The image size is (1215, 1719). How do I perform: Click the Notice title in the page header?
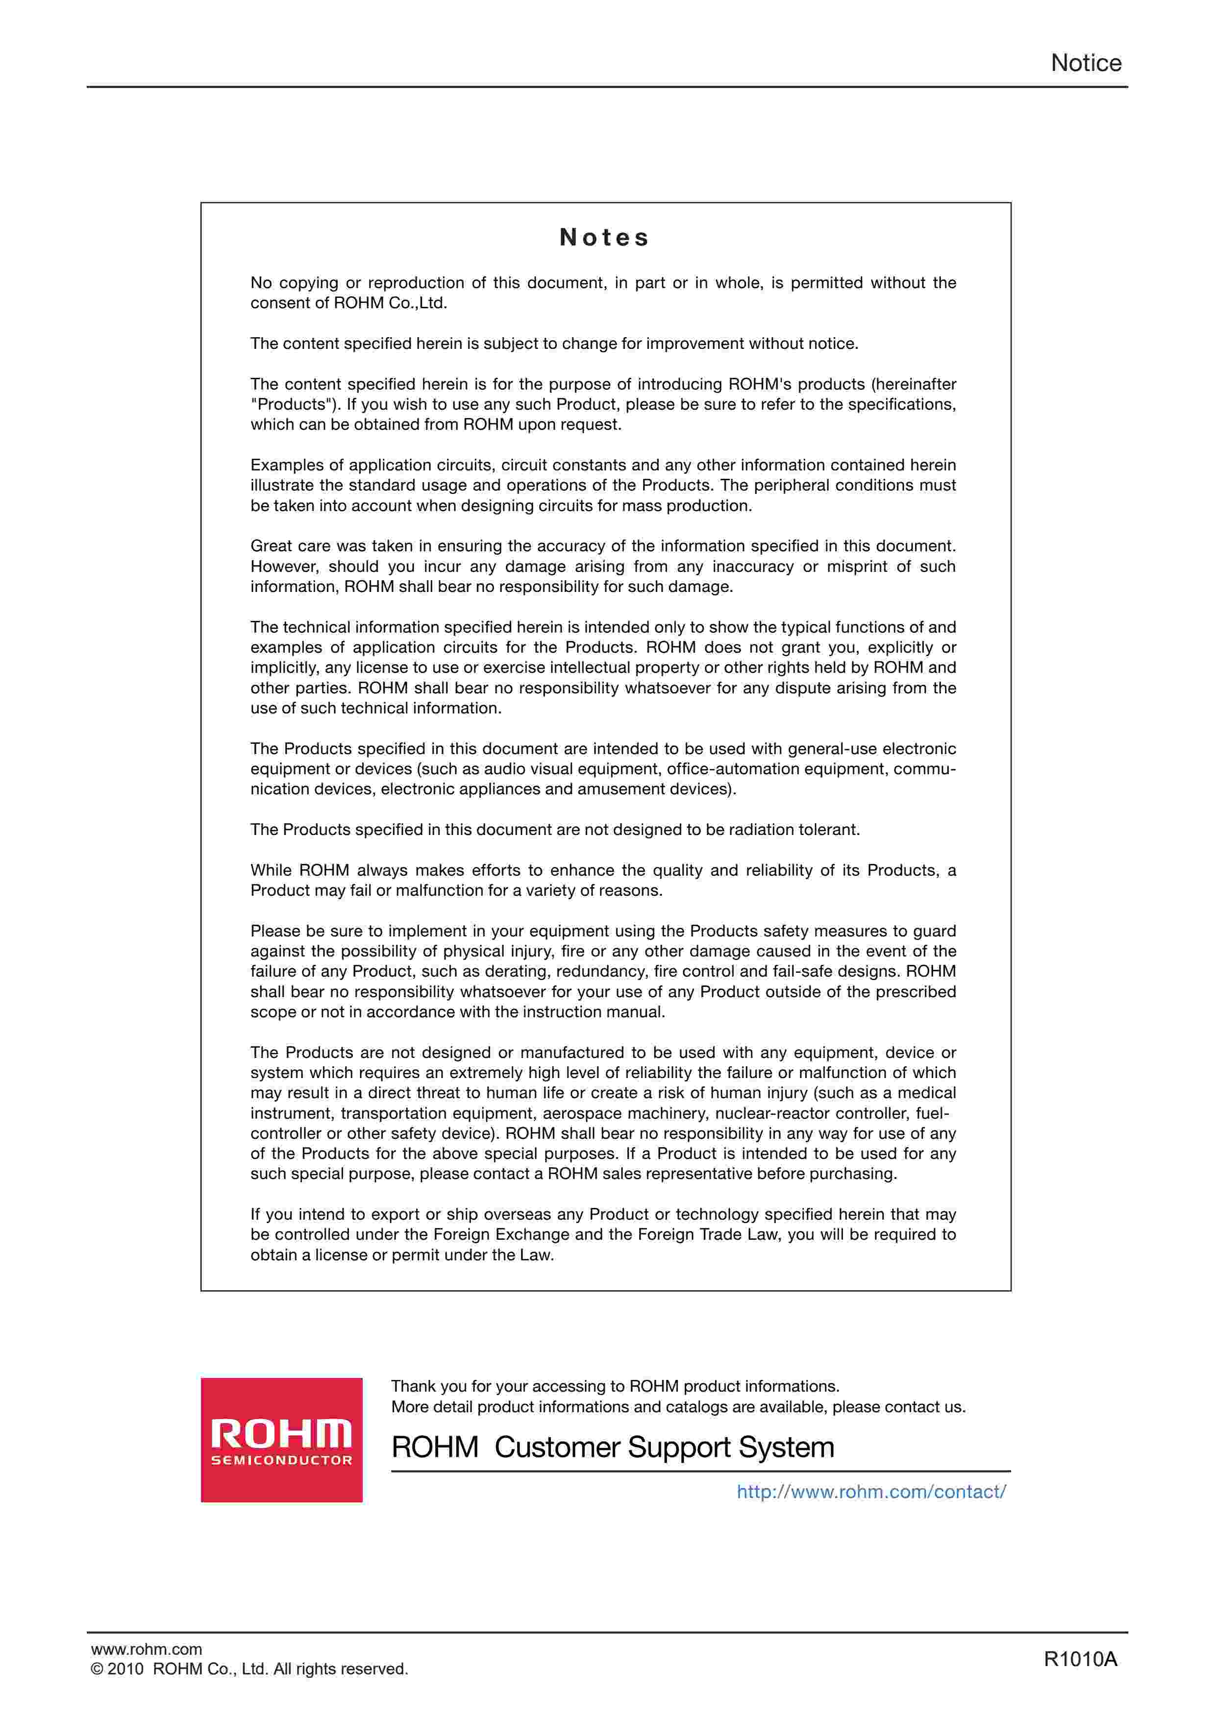pos(1086,63)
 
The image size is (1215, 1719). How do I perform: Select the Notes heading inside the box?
pos(605,237)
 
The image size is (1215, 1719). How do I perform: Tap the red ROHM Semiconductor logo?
pos(281,1439)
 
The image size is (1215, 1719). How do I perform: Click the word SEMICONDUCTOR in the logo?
pos(281,1461)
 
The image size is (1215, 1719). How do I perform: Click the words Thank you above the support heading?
pos(421,1387)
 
